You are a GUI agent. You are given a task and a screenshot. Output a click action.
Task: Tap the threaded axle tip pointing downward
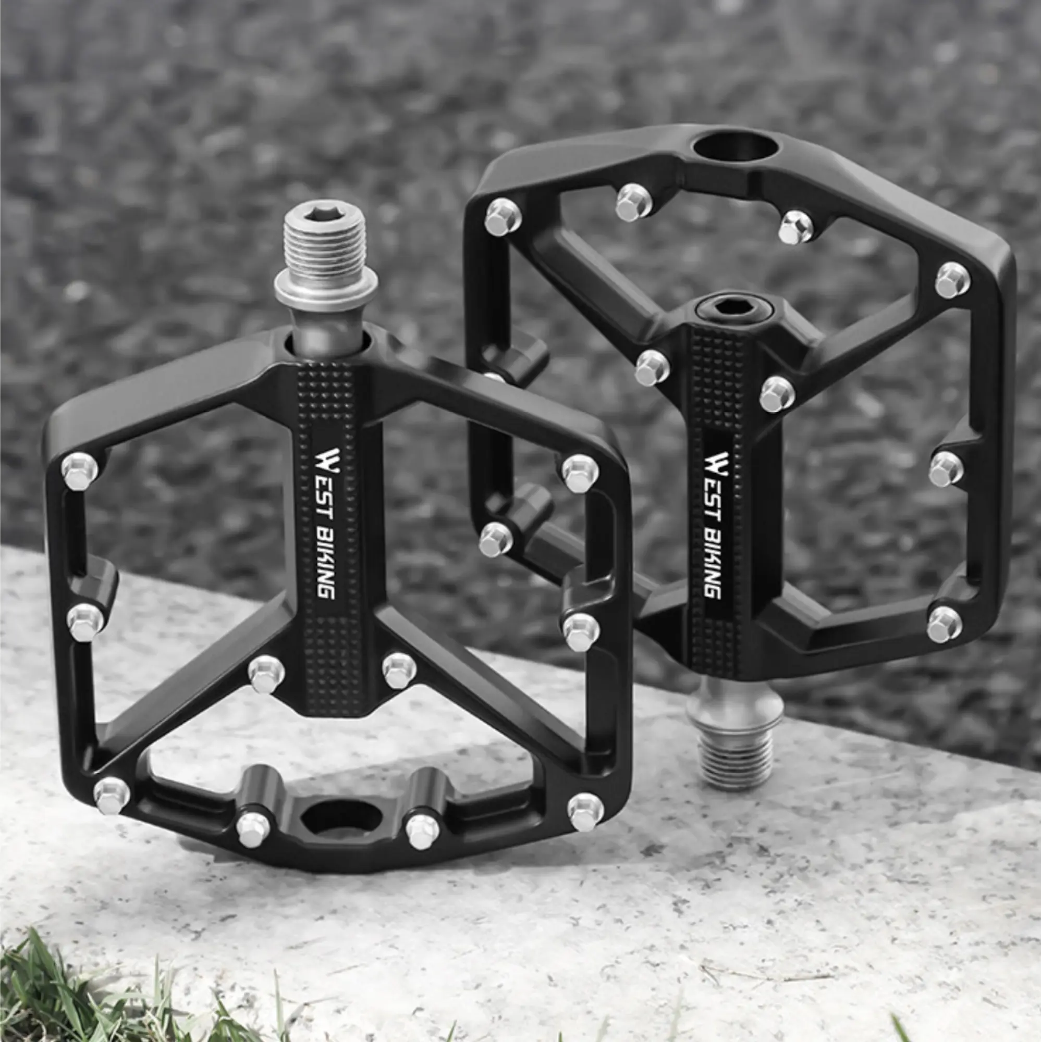click(736, 761)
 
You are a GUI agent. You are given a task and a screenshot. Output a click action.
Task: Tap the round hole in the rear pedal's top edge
click(736, 147)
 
